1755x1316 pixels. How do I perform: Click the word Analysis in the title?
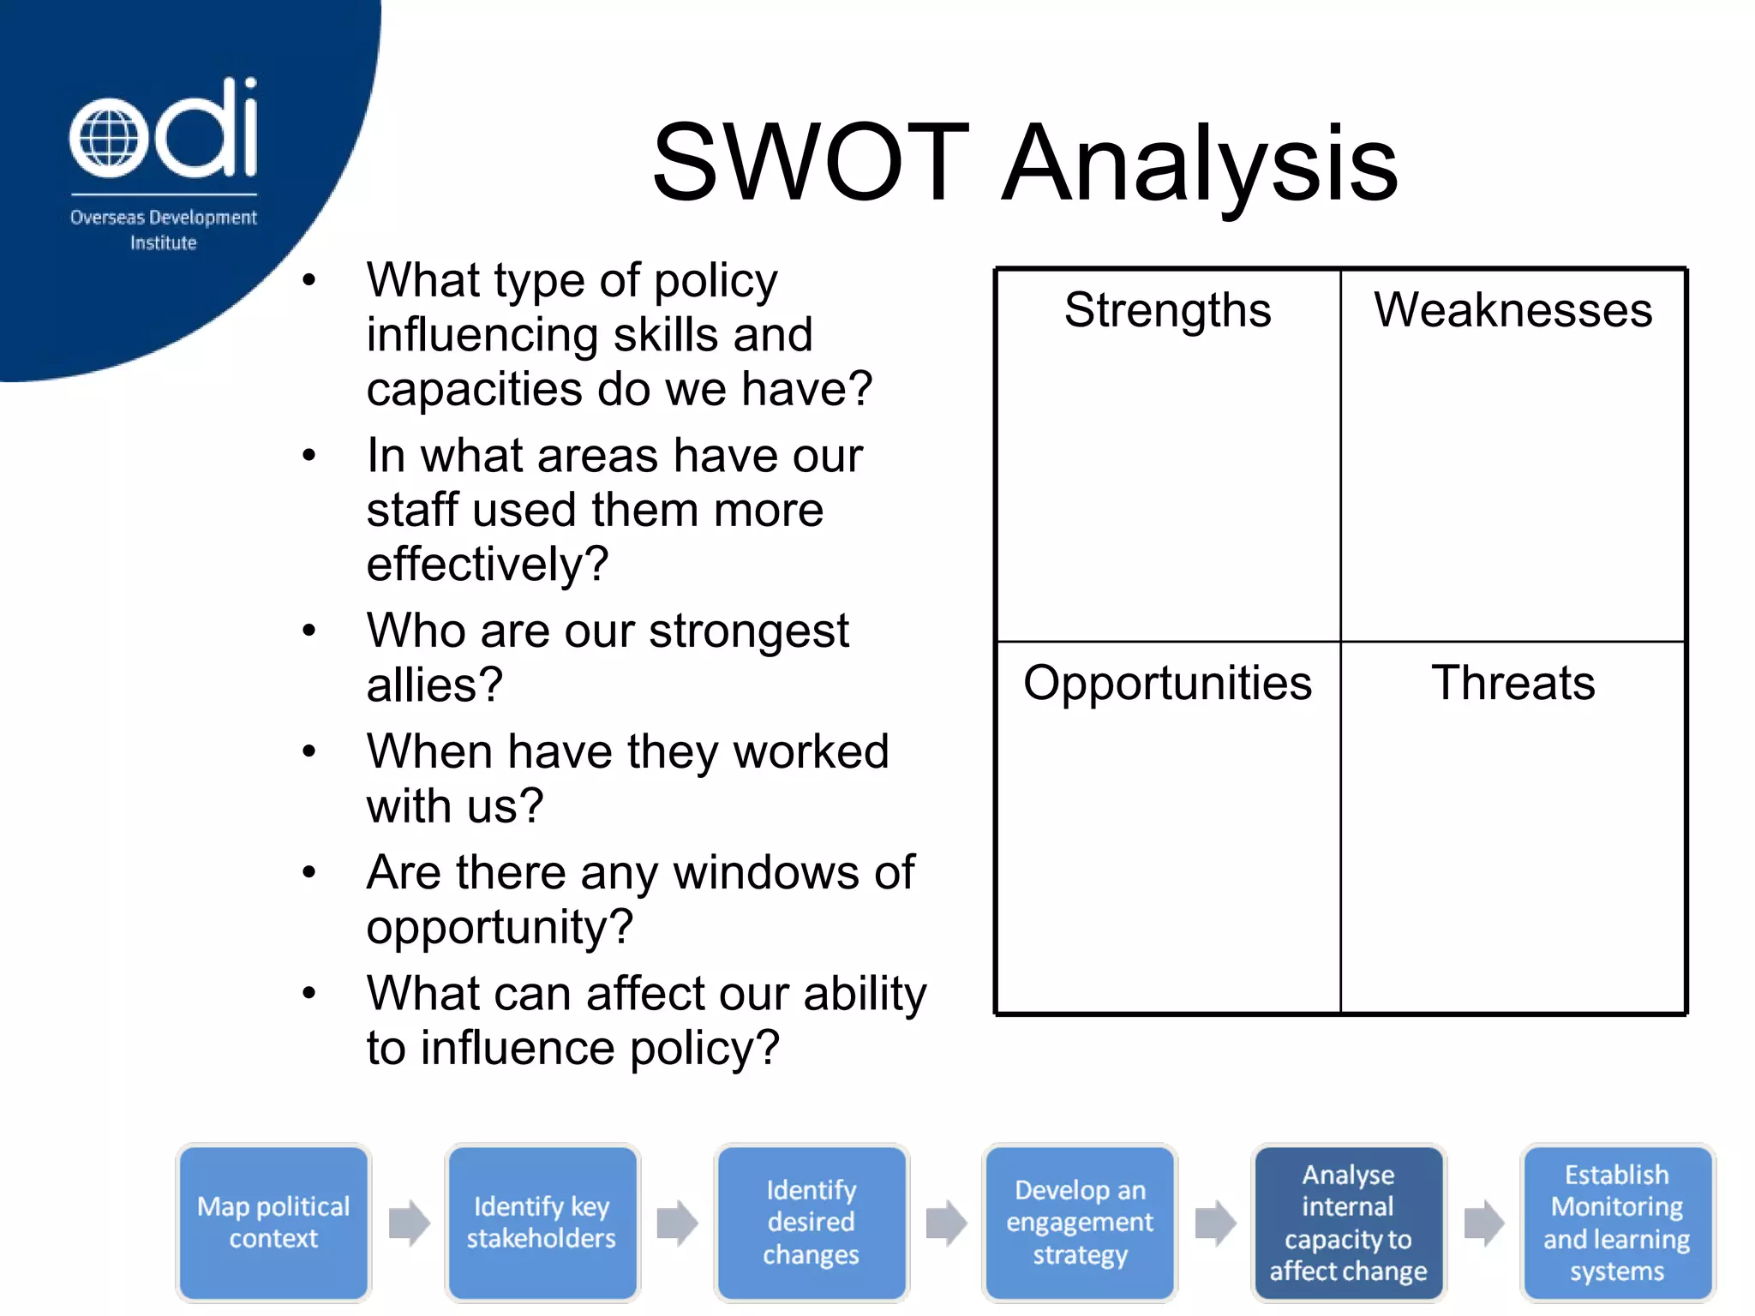click(1200, 164)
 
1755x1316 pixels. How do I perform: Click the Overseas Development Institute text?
click(164, 230)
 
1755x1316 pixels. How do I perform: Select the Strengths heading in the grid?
click(1167, 310)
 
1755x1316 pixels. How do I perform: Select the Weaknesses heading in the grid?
click(1512, 310)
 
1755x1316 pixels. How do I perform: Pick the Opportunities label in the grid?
click(1167, 684)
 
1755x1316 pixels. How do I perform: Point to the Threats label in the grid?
click(1512, 684)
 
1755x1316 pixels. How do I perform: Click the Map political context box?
click(273, 1222)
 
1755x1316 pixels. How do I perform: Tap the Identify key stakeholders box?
click(542, 1222)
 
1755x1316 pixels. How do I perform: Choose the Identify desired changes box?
click(811, 1222)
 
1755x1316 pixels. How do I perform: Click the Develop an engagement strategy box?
click(1080, 1222)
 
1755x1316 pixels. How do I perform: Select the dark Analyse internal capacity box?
click(1348, 1222)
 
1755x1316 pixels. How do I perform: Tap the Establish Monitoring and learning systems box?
click(1616, 1222)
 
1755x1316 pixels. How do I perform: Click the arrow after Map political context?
click(409, 1223)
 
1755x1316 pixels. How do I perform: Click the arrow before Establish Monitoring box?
click(1483, 1223)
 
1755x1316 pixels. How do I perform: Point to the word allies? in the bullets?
click(434, 685)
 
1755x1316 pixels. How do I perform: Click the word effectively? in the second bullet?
click(487, 565)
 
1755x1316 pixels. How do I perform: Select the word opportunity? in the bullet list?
click(500, 928)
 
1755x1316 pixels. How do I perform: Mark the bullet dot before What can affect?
click(309, 993)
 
